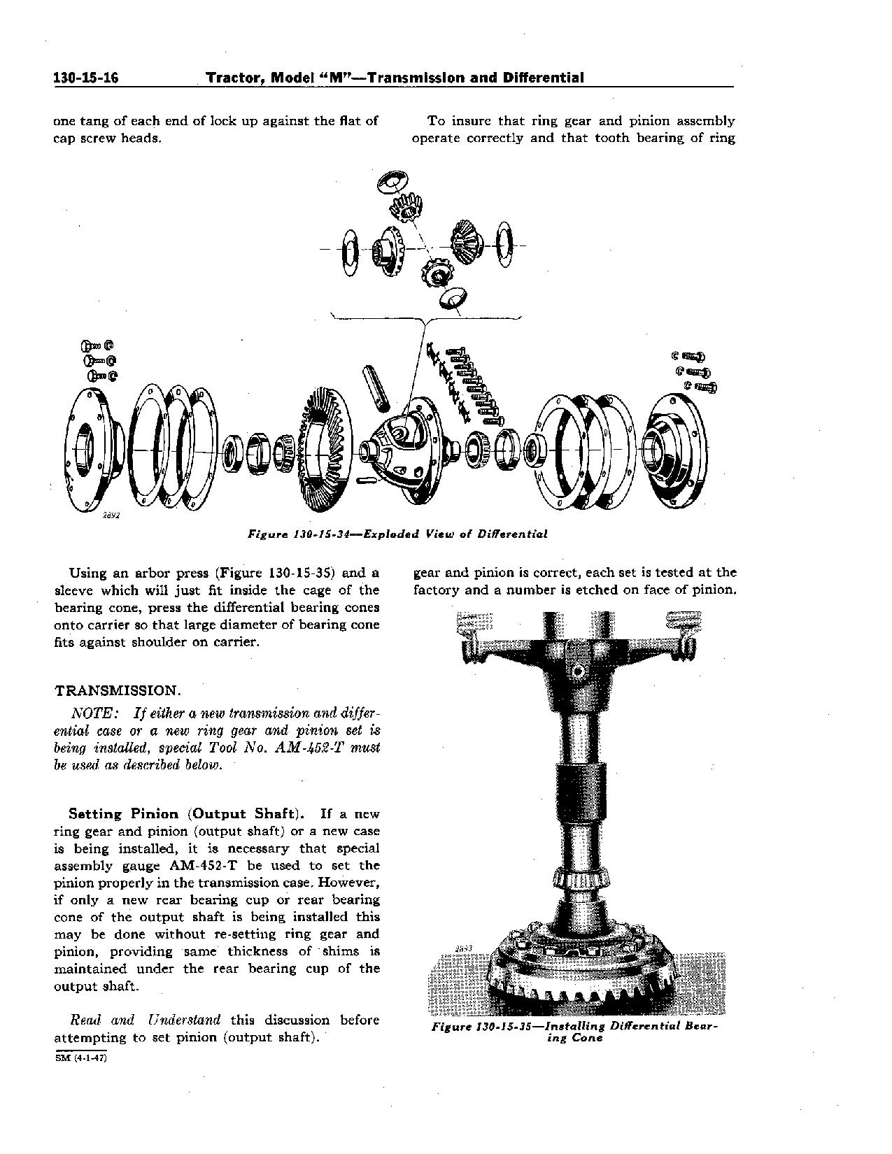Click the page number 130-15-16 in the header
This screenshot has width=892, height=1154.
point(85,78)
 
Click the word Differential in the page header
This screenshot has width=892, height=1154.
point(543,78)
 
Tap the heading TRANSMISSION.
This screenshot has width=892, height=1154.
point(118,690)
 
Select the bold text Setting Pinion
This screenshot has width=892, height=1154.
point(124,814)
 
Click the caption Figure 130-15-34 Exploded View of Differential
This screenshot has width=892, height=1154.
point(398,534)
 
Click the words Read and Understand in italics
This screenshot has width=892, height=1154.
point(146,1020)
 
